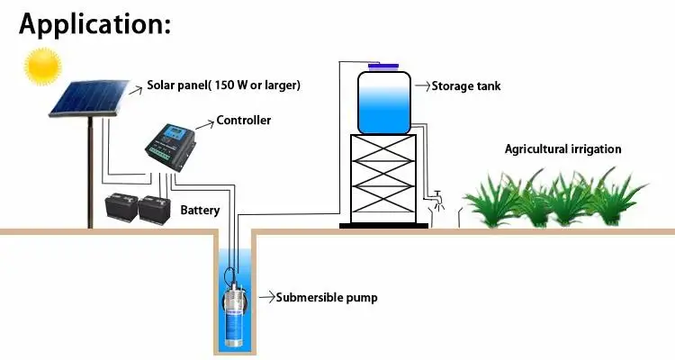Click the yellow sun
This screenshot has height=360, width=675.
(x=40, y=65)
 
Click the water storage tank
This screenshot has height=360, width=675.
(x=384, y=101)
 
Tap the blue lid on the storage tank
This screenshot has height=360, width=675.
(x=384, y=67)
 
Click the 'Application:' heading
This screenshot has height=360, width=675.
(x=94, y=24)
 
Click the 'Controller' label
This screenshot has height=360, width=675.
(x=243, y=120)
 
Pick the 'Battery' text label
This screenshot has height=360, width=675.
(x=200, y=210)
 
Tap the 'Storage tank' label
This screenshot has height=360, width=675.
(x=465, y=86)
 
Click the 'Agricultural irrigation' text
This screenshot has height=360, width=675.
(x=562, y=148)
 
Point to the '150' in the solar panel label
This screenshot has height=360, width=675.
(x=225, y=86)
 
